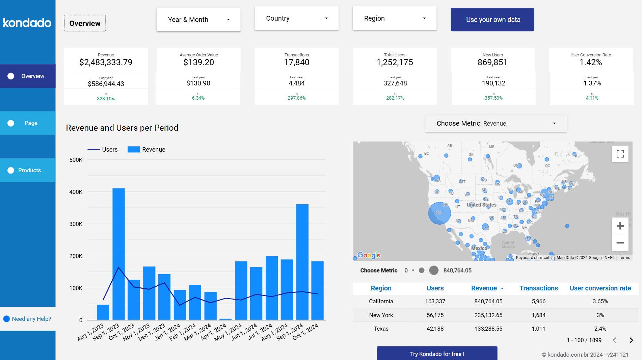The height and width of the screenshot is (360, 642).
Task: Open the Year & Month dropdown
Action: (x=198, y=20)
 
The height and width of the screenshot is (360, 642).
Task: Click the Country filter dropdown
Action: (x=296, y=18)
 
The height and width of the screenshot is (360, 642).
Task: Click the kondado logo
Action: (x=27, y=23)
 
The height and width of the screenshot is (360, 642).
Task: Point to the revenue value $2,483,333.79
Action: (x=106, y=62)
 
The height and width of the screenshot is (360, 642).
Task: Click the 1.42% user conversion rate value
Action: (x=590, y=62)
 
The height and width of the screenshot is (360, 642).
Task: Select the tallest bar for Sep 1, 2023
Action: (x=118, y=253)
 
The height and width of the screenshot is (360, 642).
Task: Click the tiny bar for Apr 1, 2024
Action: (x=225, y=319)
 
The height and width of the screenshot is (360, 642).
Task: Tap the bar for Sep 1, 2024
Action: (x=302, y=262)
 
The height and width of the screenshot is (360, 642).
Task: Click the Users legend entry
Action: (x=103, y=150)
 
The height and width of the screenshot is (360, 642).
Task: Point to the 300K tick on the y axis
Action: (x=76, y=224)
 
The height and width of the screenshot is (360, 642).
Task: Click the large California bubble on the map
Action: (x=439, y=213)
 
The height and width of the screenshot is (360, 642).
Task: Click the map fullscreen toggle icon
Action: (x=620, y=154)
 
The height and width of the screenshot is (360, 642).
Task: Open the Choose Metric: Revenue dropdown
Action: (x=496, y=124)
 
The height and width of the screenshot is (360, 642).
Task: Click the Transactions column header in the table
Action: (x=538, y=288)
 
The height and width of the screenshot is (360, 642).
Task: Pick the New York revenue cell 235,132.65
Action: (x=488, y=315)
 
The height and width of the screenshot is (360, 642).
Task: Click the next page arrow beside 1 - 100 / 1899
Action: (x=631, y=340)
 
